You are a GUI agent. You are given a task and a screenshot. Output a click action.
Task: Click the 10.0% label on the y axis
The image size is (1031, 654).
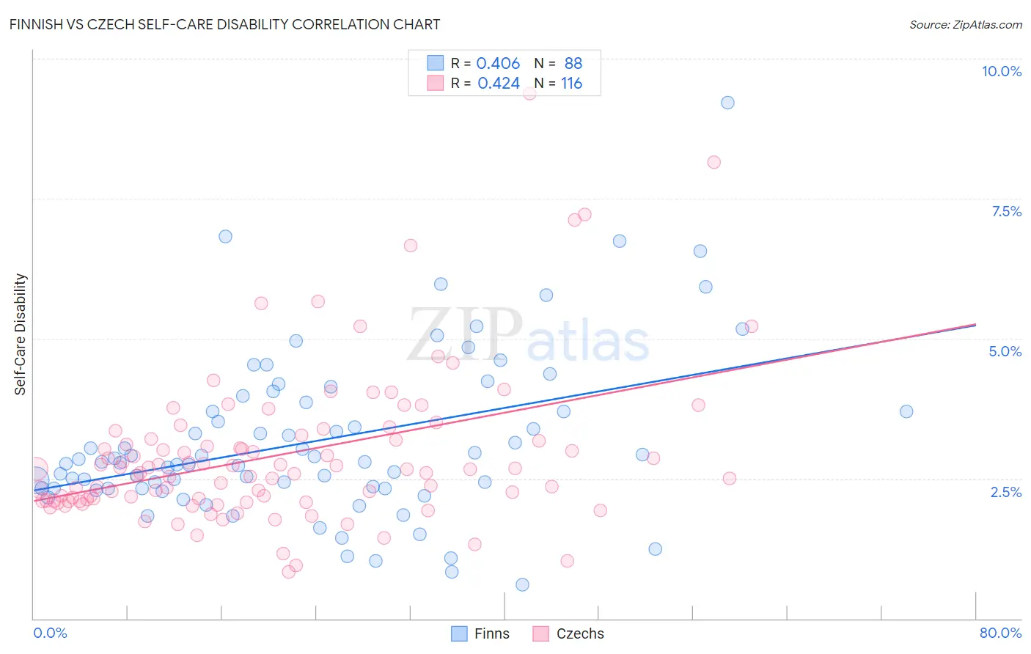1001,71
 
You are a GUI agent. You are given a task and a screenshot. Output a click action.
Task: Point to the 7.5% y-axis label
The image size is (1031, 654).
1006,211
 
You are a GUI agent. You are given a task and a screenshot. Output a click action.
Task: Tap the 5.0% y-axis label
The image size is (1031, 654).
1005,351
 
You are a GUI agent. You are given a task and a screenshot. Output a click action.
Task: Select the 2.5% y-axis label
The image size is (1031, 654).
1005,492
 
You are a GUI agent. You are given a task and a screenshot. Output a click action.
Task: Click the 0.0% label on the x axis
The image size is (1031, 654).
50,633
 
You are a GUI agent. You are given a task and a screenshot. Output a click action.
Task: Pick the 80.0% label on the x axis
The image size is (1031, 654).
1000,633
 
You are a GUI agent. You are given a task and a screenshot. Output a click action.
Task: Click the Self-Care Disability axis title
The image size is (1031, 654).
21,334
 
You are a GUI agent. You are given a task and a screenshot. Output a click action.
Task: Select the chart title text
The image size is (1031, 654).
225,24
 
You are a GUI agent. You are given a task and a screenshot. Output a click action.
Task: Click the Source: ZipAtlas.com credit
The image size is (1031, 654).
965,24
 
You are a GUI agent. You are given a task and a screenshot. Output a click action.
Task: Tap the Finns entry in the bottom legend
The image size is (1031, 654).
491,633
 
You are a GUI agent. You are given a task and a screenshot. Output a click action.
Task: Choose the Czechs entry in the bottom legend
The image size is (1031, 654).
580,633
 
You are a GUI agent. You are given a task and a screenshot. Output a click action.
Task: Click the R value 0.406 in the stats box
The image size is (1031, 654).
498,63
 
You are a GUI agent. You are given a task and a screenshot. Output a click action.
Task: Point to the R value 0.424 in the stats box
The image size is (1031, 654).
499,84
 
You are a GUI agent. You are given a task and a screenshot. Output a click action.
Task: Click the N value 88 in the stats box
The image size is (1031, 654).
573,63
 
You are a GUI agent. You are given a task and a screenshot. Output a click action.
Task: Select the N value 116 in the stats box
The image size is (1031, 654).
571,84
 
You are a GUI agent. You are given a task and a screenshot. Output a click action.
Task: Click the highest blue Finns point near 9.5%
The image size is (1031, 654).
727,103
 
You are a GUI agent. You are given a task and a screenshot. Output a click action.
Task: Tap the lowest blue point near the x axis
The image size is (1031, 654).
522,584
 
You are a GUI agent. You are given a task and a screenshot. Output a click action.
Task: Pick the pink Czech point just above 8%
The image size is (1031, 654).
713,162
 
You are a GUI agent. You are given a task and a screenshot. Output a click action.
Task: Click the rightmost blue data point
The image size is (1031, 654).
906,411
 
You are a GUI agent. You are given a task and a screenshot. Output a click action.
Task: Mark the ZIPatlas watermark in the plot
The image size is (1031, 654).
528,336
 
